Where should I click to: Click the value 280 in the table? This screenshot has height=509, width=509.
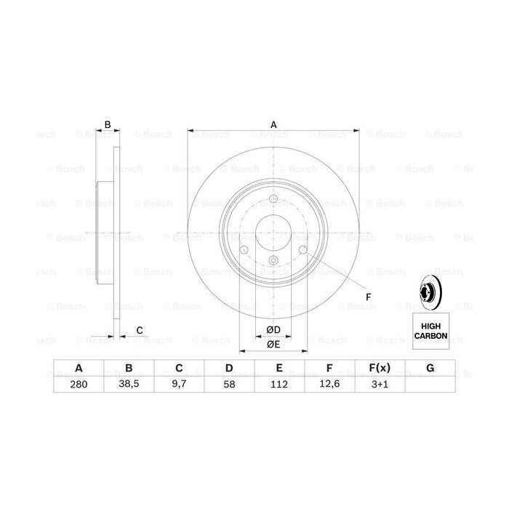tap(78, 385)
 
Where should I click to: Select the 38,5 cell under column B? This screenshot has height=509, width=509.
tap(128, 385)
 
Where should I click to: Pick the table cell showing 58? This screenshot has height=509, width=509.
tap(228, 385)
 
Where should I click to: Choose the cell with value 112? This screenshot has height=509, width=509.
tap(278, 385)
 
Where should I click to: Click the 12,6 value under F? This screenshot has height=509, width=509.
tap(329, 385)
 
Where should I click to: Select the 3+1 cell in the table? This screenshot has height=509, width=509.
tap(380, 385)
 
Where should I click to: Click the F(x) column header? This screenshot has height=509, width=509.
tap(380, 369)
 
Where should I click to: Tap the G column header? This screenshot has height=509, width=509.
tap(430, 369)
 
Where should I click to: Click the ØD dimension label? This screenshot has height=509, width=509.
tap(273, 329)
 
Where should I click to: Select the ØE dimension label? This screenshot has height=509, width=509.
tap(273, 345)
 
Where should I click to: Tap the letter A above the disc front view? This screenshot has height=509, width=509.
tap(274, 125)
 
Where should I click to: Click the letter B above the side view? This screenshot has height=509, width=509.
tap(108, 125)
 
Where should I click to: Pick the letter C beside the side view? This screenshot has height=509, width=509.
tap(140, 331)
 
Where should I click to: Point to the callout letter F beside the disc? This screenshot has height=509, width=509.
tap(368, 297)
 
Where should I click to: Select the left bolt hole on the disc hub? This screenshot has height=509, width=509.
tap(244, 252)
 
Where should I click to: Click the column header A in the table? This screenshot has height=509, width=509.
tap(78, 369)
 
